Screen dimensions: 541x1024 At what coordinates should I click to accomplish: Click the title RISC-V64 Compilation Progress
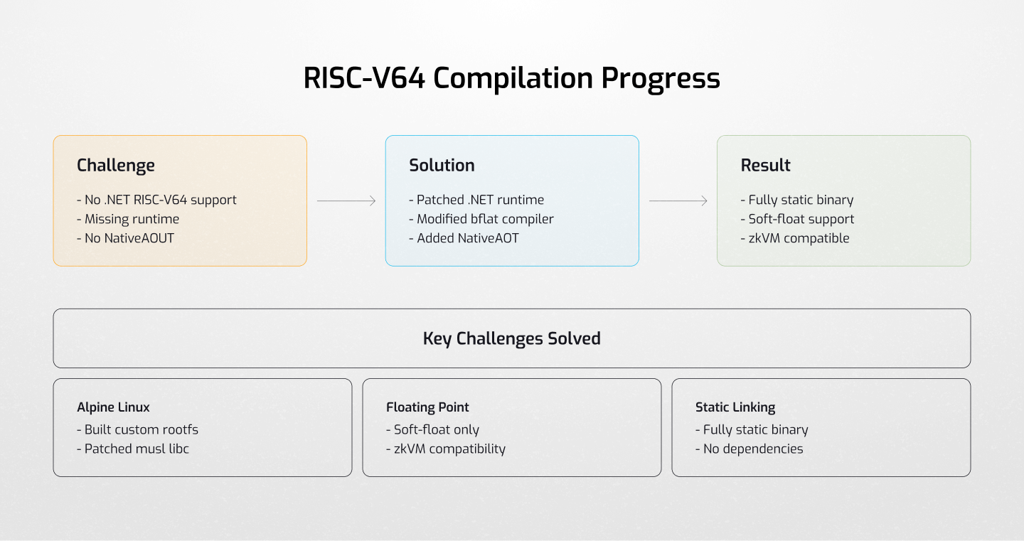[511, 78]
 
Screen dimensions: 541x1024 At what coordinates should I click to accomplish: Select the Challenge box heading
[116, 166]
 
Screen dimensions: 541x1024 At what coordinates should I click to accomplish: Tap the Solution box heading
[442, 166]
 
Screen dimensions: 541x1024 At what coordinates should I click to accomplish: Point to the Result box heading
[766, 166]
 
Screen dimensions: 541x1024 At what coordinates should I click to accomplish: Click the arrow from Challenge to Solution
[346, 201]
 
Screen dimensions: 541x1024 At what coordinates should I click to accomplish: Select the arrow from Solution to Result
[678, 201]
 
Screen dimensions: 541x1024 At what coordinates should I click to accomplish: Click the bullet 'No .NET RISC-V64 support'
[156, 200]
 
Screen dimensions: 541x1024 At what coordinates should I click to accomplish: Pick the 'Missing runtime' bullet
[128, 219]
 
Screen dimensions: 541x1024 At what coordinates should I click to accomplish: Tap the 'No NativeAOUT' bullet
[125, 238]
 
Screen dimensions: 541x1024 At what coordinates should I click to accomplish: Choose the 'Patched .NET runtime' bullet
[476, 200]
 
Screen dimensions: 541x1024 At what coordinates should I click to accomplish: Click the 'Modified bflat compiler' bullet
[481, 219]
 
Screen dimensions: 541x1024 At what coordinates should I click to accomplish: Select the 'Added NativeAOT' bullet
[464, 238]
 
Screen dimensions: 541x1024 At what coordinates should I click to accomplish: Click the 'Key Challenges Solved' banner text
[512, 338]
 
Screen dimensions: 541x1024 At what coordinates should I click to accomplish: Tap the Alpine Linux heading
[114, 407]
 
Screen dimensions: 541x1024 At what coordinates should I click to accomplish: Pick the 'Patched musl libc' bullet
[133, 449]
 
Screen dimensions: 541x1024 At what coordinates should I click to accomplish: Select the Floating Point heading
[427, 407]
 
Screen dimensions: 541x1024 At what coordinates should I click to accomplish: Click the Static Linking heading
[735, 407]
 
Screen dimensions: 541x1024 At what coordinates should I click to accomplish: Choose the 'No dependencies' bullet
[749, 449]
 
